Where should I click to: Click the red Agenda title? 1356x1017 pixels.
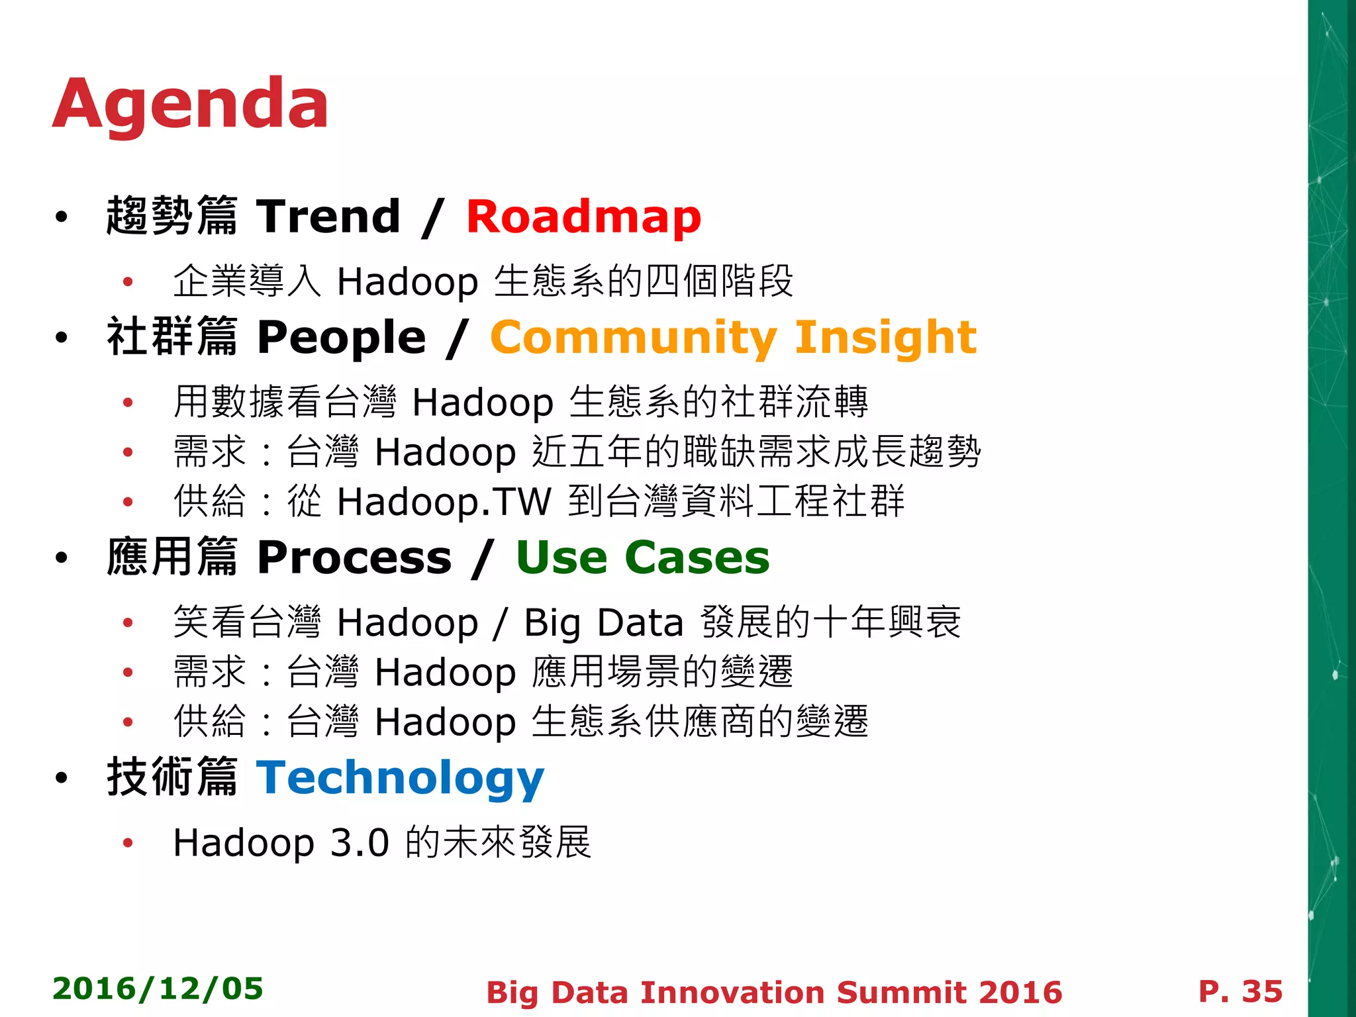190,105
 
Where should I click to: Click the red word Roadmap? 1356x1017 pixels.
583,217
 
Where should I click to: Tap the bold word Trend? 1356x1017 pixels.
328,217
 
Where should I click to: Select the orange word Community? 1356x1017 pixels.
632,338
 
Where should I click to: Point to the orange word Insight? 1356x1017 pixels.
885,338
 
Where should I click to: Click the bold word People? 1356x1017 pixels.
341,338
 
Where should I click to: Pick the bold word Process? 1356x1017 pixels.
354,557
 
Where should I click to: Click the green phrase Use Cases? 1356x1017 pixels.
642,557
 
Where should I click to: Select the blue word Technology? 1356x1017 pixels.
400,778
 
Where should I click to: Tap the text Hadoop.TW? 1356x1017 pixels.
444,501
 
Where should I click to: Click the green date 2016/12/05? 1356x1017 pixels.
158,989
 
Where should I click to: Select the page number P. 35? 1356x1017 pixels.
1240,991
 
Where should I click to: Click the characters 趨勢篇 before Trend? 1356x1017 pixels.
171,216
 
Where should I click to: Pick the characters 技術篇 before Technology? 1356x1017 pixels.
171,777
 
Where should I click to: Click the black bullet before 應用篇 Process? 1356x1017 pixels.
62,558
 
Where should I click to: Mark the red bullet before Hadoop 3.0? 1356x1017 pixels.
128,843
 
